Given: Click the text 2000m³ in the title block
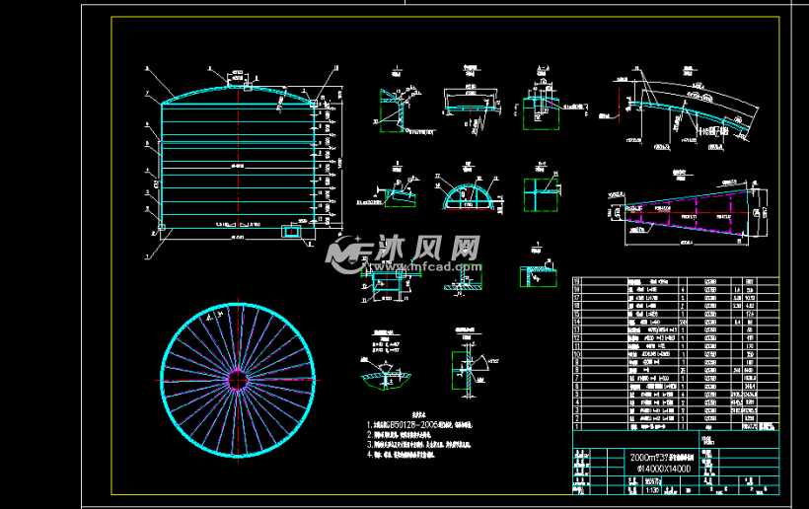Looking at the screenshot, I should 640,459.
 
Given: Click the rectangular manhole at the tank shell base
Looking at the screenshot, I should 293,231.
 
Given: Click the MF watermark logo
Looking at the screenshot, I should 346,254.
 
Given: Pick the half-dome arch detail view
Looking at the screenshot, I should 464,193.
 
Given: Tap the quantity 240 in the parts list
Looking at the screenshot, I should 680,322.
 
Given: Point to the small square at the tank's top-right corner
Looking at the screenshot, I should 313,103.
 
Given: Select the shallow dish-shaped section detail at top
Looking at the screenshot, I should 470,103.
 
